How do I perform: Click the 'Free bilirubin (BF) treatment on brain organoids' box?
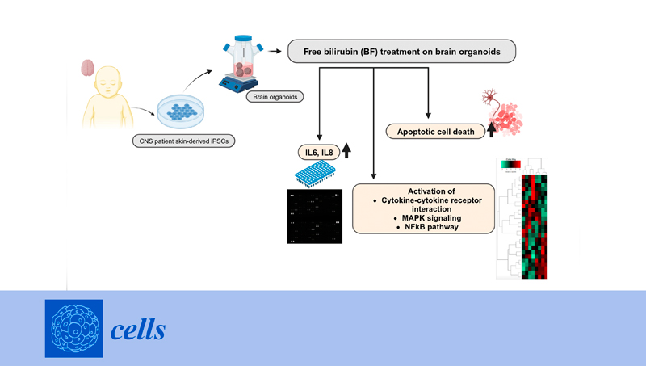[x=401, y=53]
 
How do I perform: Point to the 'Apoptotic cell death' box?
[x=433, y=130]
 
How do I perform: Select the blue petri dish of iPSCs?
[x=187, y=111]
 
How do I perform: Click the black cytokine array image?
[x=317, y=217]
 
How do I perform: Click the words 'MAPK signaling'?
[x=423, y=217]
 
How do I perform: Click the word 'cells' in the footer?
[x=139, y=330]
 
